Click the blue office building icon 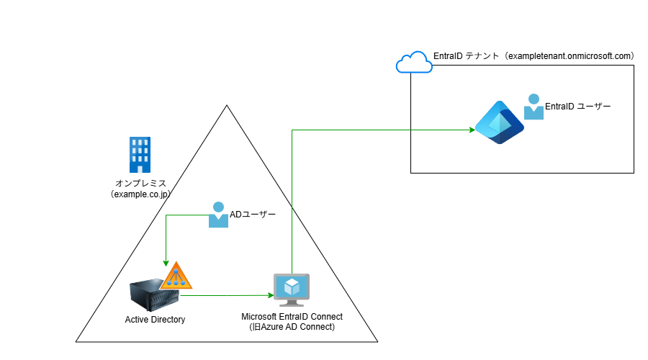140,153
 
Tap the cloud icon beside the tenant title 414,63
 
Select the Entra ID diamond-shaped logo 499,123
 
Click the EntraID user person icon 534,107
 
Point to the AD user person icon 218,215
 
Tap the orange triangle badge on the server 176,276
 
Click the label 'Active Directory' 155,319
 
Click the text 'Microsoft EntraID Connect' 292,317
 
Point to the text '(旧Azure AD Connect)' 292,328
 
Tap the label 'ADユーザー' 253,215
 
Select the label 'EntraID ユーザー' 577,107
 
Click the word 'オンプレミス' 140,183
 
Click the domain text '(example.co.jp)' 140,194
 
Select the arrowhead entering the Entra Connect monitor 270,295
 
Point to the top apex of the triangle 227,106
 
